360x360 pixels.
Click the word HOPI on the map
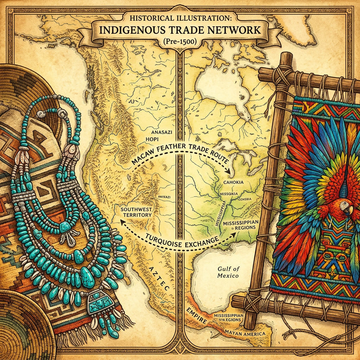[x=155, y=139]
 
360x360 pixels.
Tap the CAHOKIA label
[x=233, y=183]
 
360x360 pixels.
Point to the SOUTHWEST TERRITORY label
[x=136, y=212]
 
